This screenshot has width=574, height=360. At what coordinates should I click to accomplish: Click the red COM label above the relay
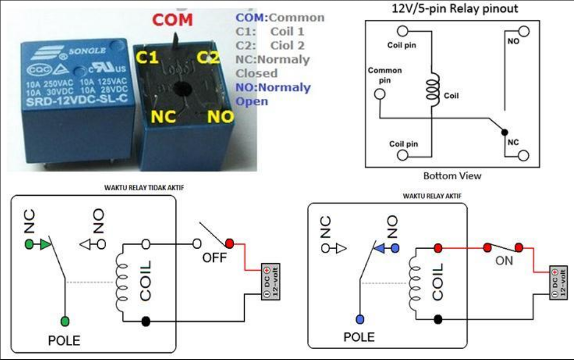click(x=172, y=20)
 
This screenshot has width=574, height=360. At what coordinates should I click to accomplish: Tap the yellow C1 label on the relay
click(x=147, y=57)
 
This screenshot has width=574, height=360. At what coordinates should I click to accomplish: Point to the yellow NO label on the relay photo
click(x=221, y=117)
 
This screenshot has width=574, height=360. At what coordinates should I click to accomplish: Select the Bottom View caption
click(x=452, y=176)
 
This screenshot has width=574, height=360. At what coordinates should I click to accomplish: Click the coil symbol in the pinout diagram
click(x=432, y=87)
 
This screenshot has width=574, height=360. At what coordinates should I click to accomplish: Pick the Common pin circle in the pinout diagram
click(x=380, y=94)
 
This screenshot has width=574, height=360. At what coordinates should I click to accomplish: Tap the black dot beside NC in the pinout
click(x=504, y=133)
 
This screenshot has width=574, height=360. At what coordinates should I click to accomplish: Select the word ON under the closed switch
click(x=504, y=260)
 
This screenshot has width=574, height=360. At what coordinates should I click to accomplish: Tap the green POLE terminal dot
click(x=65, y=321)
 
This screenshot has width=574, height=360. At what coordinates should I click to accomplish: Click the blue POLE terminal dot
click(x=360, y=318)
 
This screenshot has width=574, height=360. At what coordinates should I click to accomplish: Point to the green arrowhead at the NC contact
click(x=46, y=243)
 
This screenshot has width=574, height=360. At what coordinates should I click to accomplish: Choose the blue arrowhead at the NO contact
click(x=380, y=248)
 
